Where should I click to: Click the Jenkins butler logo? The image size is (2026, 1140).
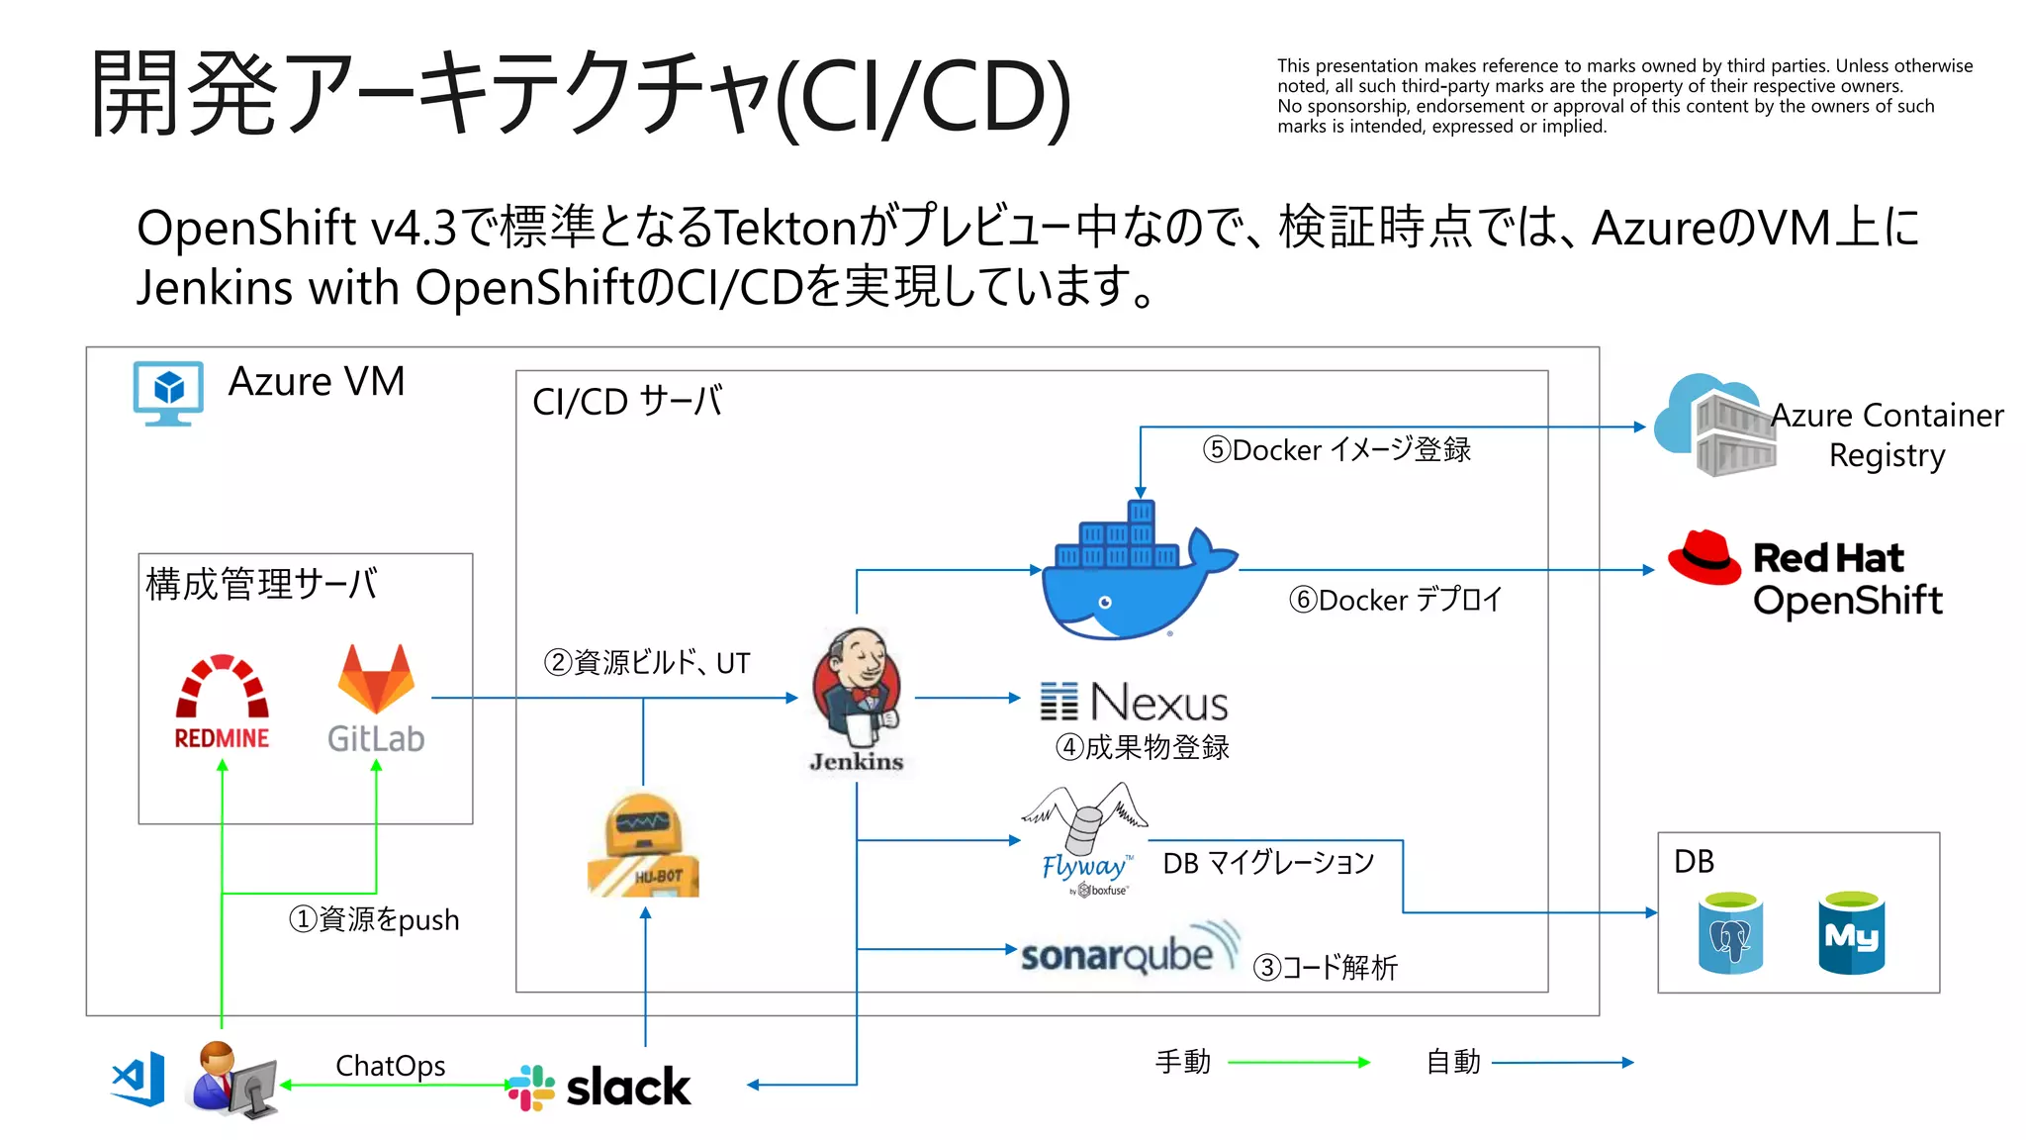pyautogui.click(x=857, y=687)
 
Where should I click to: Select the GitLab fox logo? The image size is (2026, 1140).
pyautogui.click(x=376, y=680)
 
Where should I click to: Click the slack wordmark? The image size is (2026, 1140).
pyautogui.click(x=627, y=1087)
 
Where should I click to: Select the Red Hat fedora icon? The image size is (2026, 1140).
pyautogui.click(x=1704, y=558)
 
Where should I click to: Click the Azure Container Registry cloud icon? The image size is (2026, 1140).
pyautogui.click(x=1715, y=426)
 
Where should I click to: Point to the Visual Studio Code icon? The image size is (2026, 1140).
pyautogui.click(x=138, y=1080)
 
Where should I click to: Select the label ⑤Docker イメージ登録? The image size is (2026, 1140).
pyautogui.click(x=1336, y=450)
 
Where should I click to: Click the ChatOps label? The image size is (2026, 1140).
pyautogui.click(x=390, y=1066)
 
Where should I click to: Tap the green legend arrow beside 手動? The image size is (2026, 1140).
pyautogui.click(x=1298, y=1063)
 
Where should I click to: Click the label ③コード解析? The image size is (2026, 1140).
pyautogui.click(x=1325, y=967)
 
